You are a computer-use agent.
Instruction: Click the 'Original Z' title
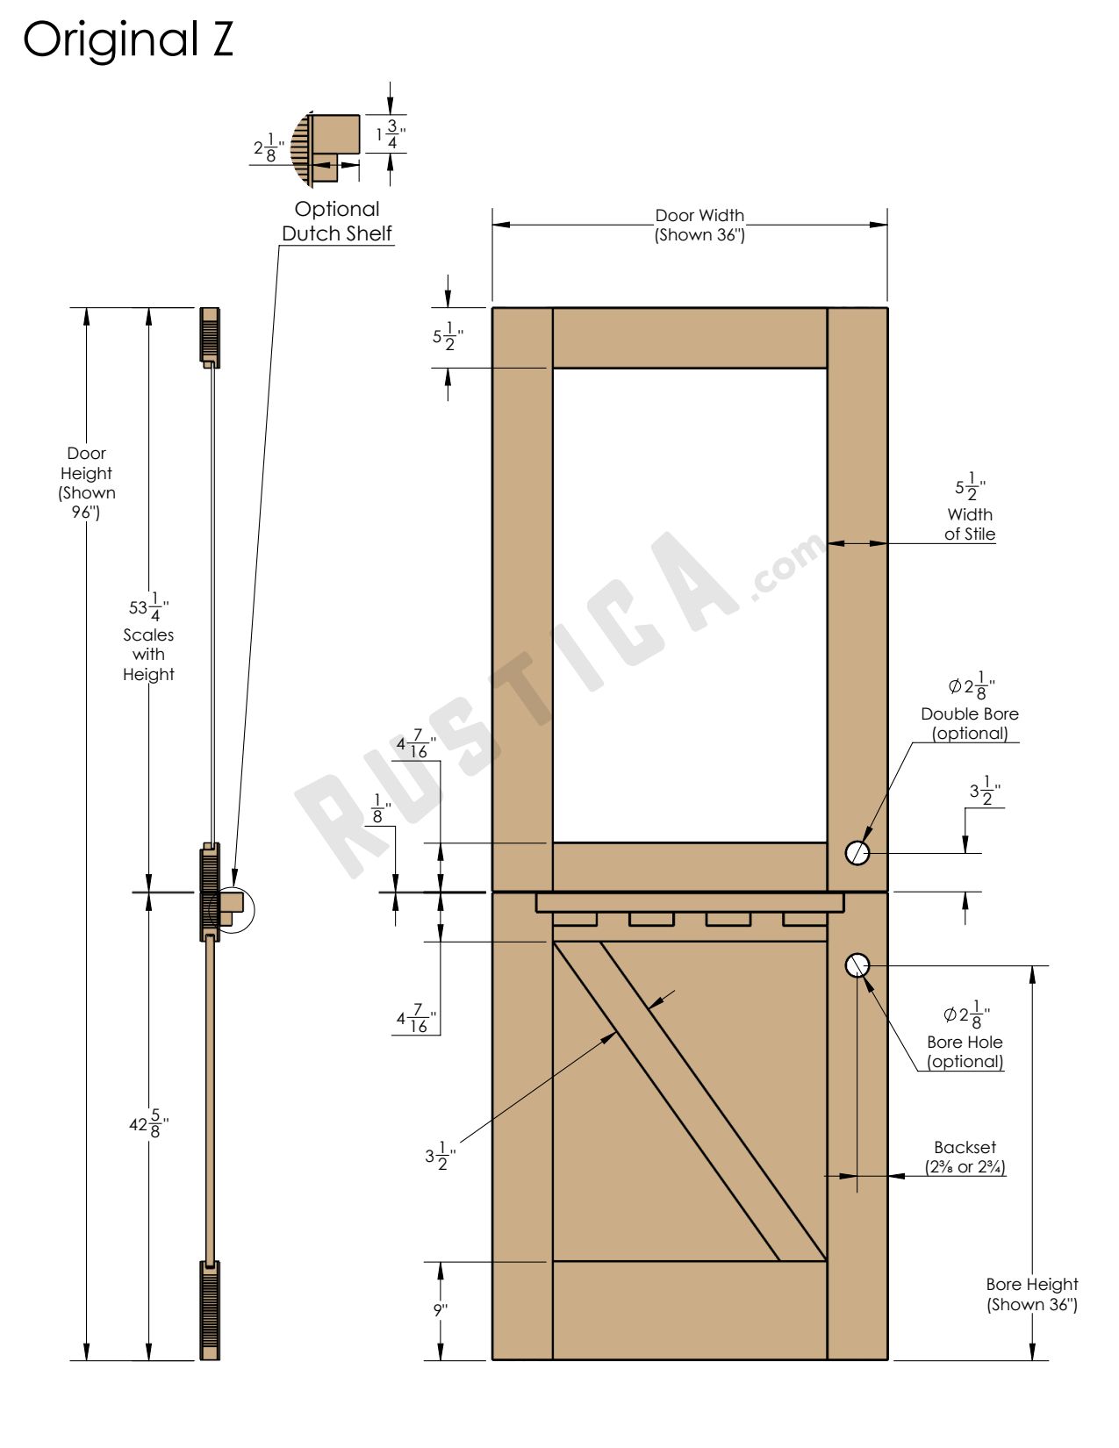pyautogui.click(x=128, y=39)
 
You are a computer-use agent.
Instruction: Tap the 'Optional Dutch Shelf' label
pyautogui.click(x=337, y=221)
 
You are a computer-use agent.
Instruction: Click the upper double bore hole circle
pyautogui.click(x=857, y=852)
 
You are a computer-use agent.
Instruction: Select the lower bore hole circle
pyautogui.click(x=857, y=965)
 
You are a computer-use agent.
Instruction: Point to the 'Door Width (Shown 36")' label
pyautogui.click(x=699, y=225)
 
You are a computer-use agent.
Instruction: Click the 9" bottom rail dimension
pyautogui.click(x=441, y=1310)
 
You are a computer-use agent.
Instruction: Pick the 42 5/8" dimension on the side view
pyautogui.click(x=148, y=1125)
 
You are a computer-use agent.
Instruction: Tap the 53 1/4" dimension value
pyautogui.click(x=148, y=606)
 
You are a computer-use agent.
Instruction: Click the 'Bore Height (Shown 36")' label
pyautogui.click(x=1031, y=1294)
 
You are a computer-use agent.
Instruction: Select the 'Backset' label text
pyautogui.click(x=965, y=1148)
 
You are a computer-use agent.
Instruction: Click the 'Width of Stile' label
pyautogui.click(x=970, y=524)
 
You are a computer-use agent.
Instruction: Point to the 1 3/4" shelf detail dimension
pyautogui.click(x=391, y=134)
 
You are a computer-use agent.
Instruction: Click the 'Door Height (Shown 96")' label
pyautogui.click(x=86, y=483)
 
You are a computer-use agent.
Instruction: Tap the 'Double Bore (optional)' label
pyautogui.click(x=970, y=723)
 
